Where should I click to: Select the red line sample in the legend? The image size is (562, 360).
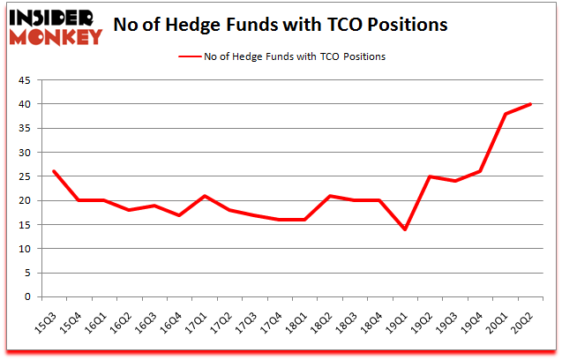pos(193,56)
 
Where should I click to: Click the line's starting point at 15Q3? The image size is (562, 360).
pos(55,171)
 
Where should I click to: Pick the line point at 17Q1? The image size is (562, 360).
pos(206,196)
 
